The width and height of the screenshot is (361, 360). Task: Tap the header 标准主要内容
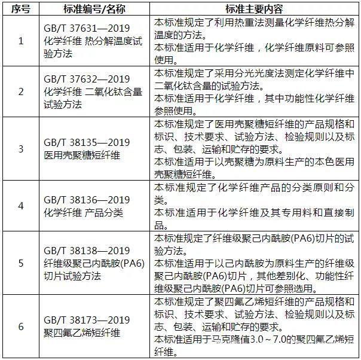click(254, 9)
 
